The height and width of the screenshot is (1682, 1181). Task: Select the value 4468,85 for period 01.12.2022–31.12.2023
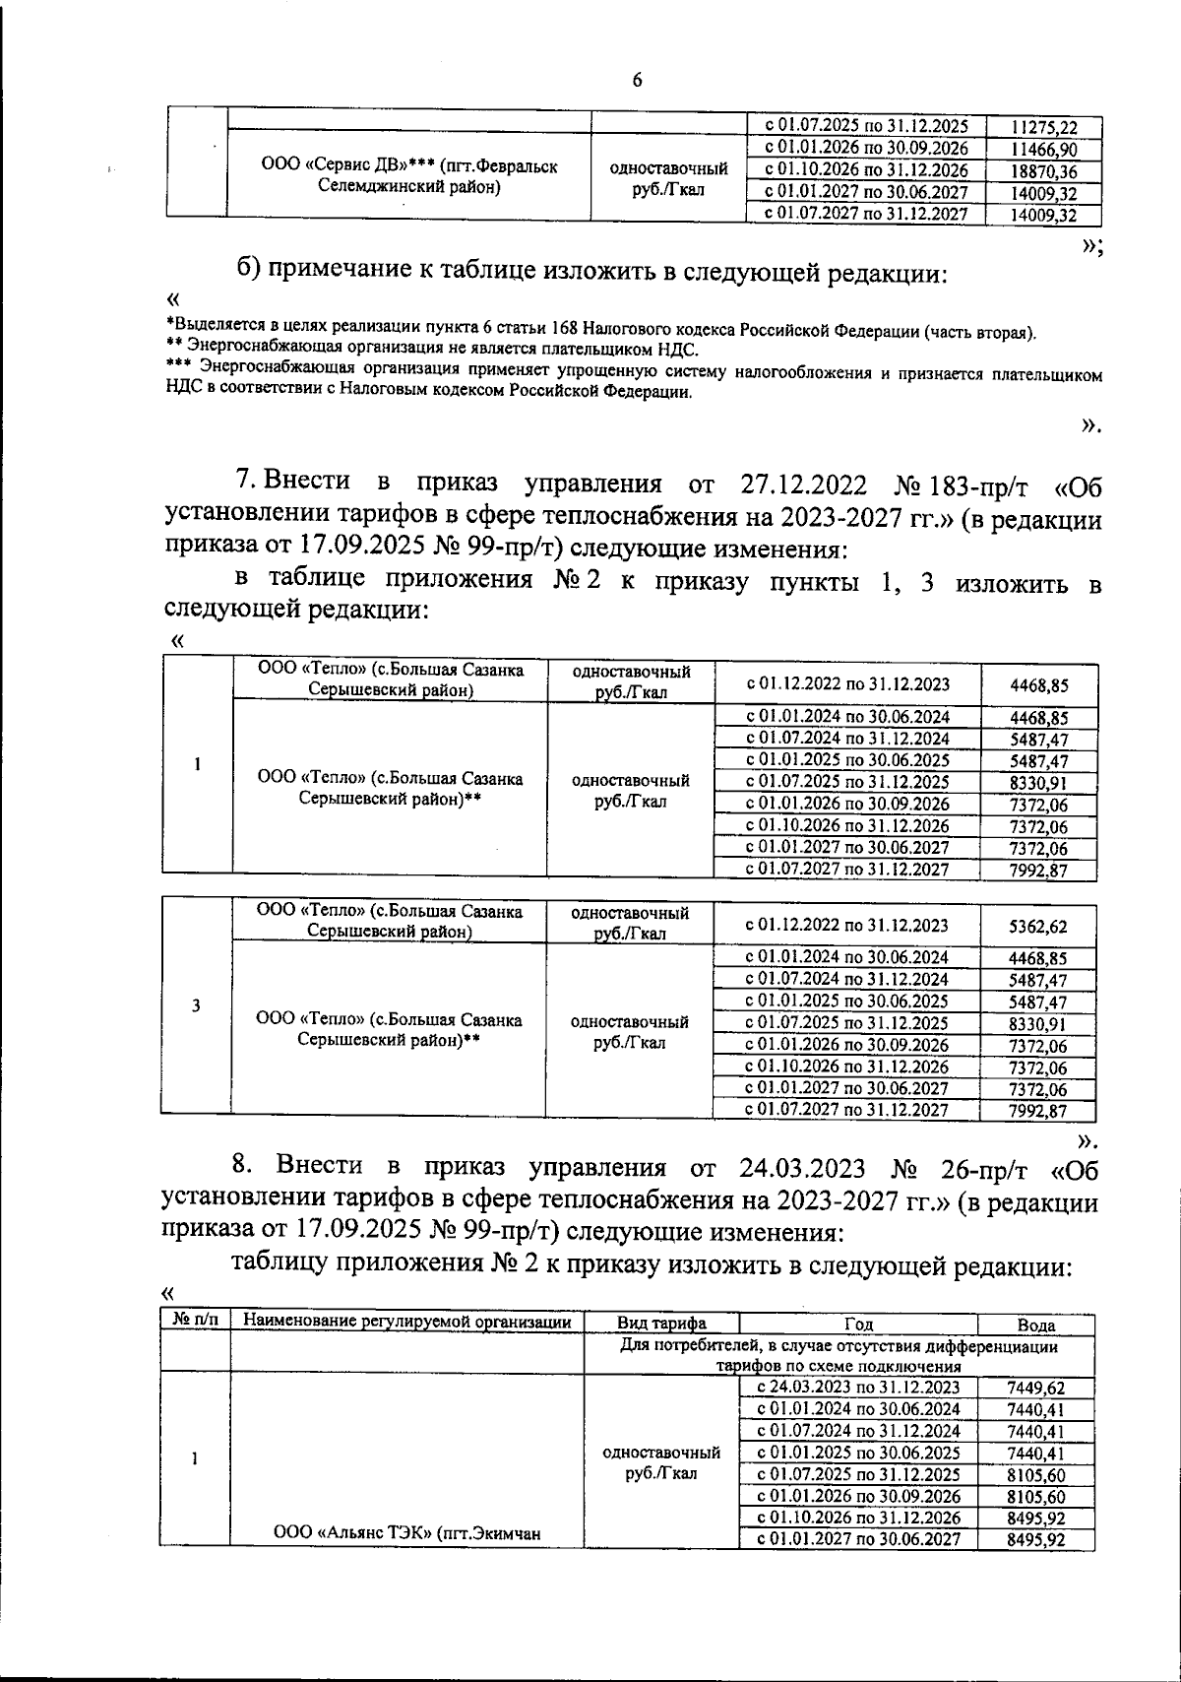(x=1038, y=685)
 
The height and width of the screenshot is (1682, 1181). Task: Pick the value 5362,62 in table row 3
(x=1038, y=927)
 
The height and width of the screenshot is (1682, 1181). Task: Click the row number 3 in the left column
(x=196, y=1005)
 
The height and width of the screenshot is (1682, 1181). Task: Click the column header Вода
(x=1037, y=1326)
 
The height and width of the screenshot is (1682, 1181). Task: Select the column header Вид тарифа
(x=661, y=1324)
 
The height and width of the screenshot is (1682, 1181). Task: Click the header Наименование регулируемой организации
(x=407, y=1323)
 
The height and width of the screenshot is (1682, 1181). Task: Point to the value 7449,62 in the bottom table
(x=1036, y=1389)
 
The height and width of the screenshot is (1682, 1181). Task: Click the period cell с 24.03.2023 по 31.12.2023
(x=858, y=1388)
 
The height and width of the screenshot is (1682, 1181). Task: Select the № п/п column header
(x=195, y=1323)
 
